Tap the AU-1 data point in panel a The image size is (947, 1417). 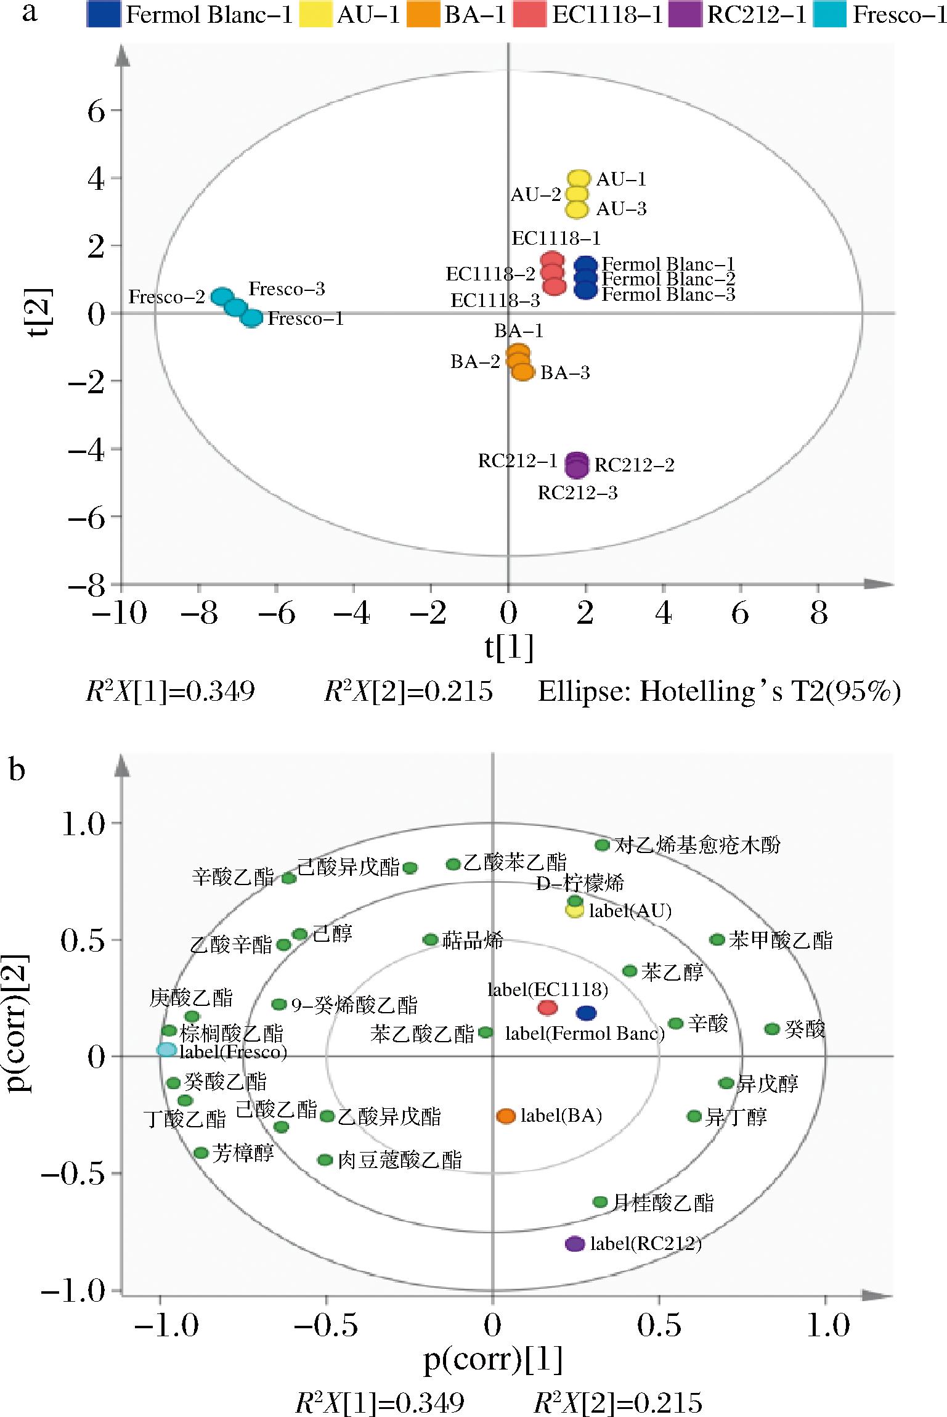[x=579, y=179]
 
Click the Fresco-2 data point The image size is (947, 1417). [x=222, y=296]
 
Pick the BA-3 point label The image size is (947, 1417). [x=565, y=373]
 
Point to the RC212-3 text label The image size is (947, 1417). [x=577, y=493]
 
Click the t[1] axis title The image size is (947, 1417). [x=509, y=648]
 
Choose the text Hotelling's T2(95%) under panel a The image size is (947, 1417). [x=720, y=692]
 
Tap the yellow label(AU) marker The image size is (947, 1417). [x=575, y=1096]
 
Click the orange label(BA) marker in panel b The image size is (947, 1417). [x=506, y=1116]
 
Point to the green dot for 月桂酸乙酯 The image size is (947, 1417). [x=600, y=1201]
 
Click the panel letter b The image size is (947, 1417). [x=17, y=770]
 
